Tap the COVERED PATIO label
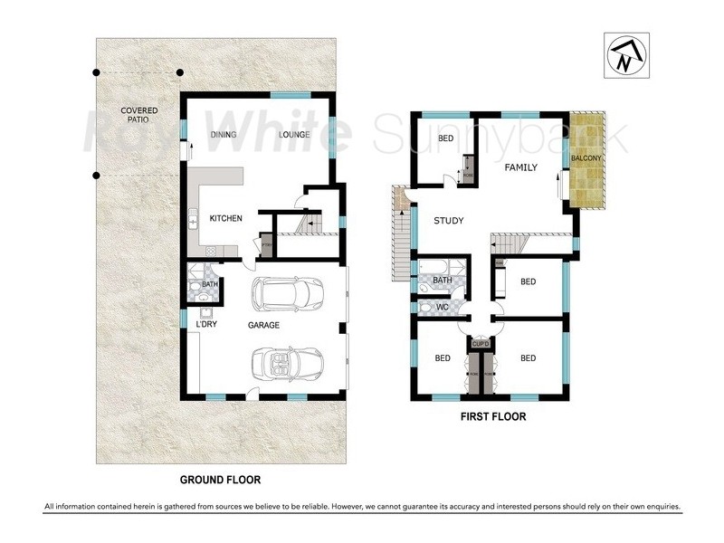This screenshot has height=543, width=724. (139, 116)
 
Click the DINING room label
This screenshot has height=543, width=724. (224, 136)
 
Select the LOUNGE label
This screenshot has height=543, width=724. (294, 136)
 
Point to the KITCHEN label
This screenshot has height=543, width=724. (225, 219)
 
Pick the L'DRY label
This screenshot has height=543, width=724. (207, 325)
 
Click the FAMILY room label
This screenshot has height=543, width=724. (521, 167)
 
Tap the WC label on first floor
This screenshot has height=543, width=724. (443, 308)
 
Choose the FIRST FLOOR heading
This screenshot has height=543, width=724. (491, 418)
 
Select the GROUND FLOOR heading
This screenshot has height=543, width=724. (220, 479)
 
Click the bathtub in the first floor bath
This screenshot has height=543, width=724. (433, 269)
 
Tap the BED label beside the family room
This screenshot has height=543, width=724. (446, 138)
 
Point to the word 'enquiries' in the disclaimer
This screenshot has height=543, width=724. (659, 507)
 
